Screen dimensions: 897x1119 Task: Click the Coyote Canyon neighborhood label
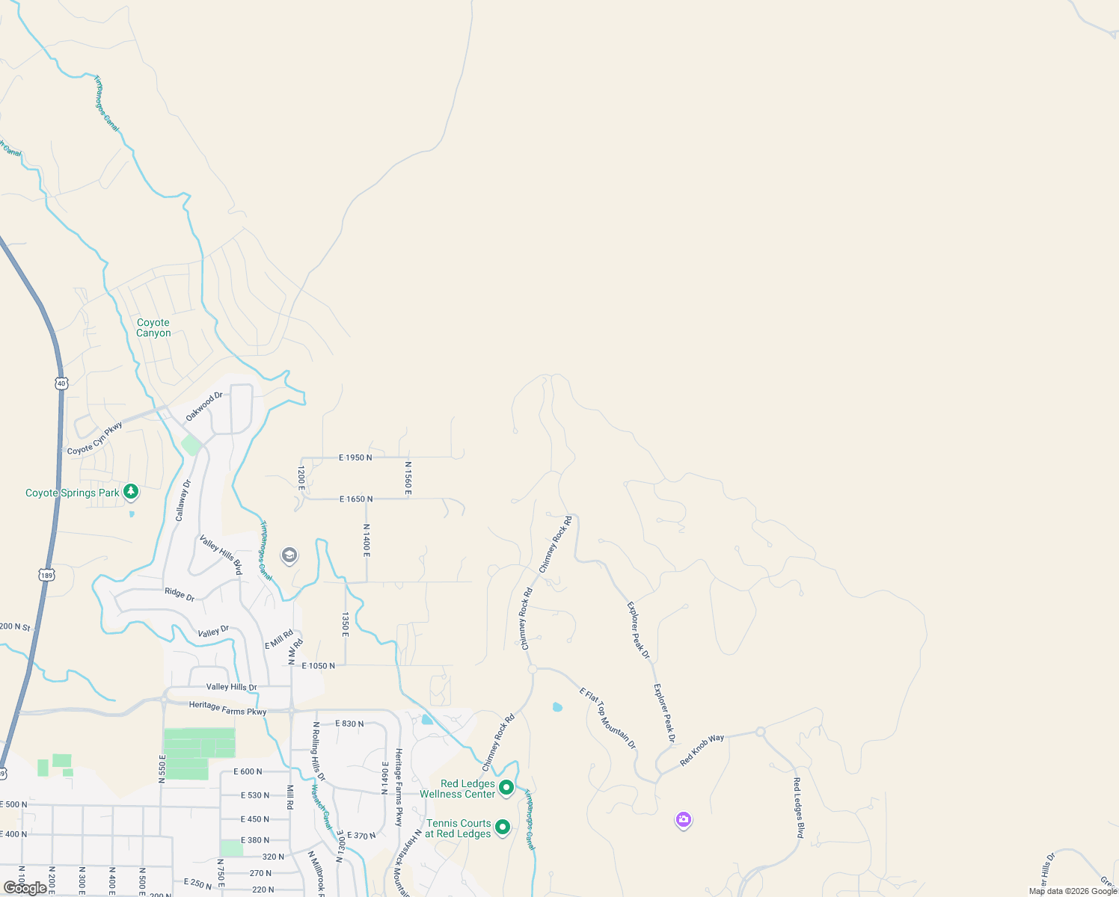(x=153, y=328)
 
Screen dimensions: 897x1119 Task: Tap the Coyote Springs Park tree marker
(x=132, y=491)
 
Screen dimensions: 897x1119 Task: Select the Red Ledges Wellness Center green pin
(x=506, y=787)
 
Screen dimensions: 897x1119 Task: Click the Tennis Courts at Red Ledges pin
(x=503, y=827)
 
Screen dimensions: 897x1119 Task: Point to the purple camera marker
(x=683, y=820)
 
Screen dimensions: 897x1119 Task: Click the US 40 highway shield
(x=61, y=383)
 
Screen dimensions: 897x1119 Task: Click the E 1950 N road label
(x=355, y=457)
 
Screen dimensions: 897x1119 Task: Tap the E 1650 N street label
(x=356, y=499)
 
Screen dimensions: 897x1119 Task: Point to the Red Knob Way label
(x=702, y=750)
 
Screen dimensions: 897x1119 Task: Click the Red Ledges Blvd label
(x=798, y=807)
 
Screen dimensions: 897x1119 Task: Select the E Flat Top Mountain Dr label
(x=607, y=718)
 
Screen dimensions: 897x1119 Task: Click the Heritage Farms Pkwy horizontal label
(x=227, y=708)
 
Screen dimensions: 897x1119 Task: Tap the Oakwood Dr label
(x=204, y=406)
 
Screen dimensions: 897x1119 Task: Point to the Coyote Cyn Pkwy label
(x=95, y=439)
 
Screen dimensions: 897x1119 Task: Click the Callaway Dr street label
(x=183, y=500)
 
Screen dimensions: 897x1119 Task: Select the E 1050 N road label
(x=318, y=665)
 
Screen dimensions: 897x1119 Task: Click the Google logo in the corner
(x=25, y=888)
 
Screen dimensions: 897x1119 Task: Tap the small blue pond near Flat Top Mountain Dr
(x=557, y=706)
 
